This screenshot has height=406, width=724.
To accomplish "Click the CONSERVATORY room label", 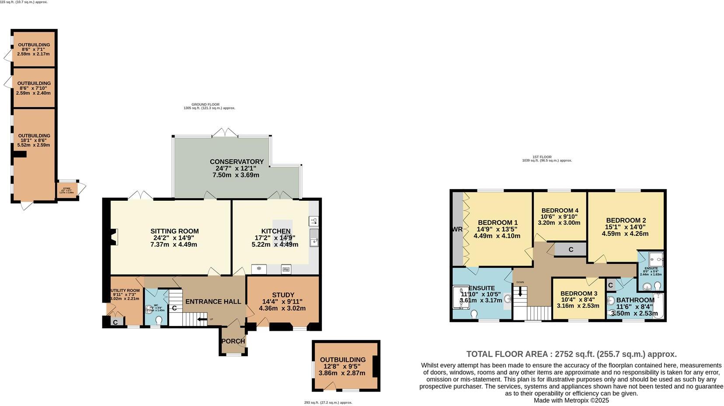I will [x=237, y=162].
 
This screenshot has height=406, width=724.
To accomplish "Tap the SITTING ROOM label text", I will [x=174, y=231].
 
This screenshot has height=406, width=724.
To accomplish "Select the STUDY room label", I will [x=283, y=295].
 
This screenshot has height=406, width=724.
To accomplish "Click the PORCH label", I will [x=233, y=341].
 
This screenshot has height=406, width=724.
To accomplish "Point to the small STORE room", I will [x=67, y=190].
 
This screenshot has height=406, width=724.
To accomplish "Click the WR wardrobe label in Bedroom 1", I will [x=457, y=229].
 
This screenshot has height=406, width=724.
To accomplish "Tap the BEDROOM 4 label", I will [x=559, y=210].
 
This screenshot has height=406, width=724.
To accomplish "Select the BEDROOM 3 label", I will [x=578, y=294].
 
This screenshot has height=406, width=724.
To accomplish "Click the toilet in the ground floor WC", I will [x=158, y=320].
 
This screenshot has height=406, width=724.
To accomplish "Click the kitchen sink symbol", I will [x=314, y=238].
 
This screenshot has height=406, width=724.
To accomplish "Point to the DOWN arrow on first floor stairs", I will [x=520, y=292].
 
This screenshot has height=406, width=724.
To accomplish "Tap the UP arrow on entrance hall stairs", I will [x=202, y=319].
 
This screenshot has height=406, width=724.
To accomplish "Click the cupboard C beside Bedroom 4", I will [x=570, y=249].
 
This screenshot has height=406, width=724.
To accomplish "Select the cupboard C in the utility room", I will [x=115, y=322].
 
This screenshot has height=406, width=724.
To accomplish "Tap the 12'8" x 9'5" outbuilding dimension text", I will [x=342, y=367].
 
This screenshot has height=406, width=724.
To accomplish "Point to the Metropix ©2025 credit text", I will [x=571, y=400].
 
